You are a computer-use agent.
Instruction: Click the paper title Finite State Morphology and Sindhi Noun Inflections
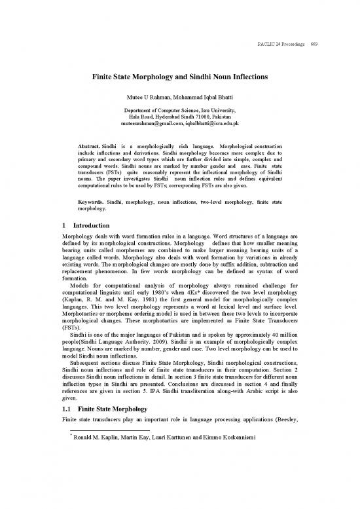[x=180, y=77]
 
